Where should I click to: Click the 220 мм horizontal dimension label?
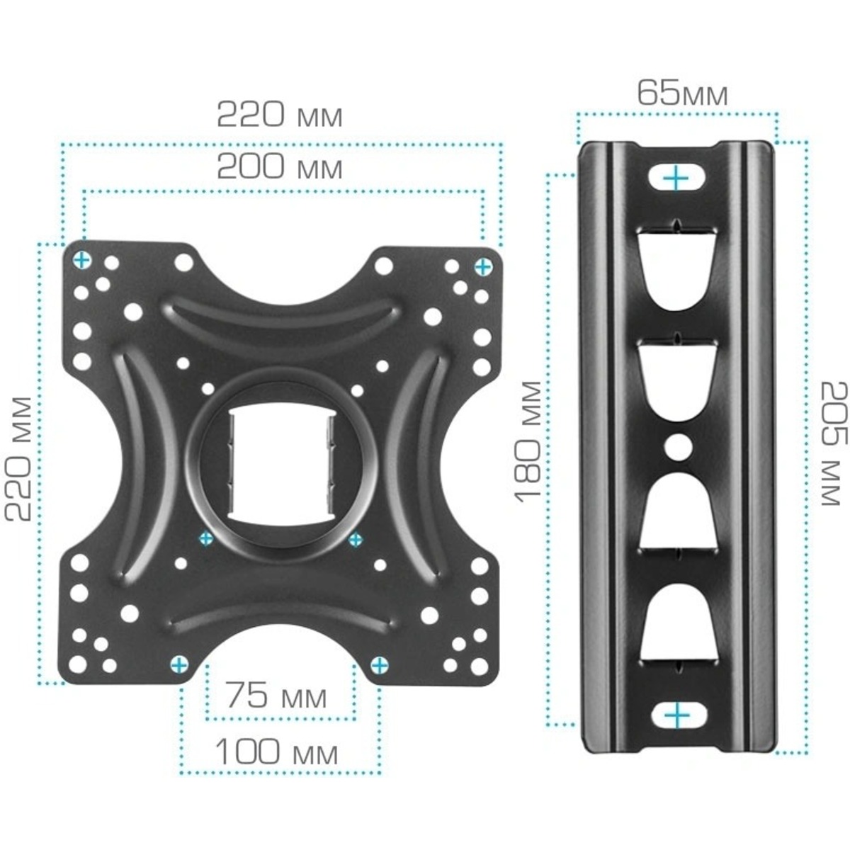pyautogui.click(x=279, y=115)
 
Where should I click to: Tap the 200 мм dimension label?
pyautogui.click(x=279, y=168)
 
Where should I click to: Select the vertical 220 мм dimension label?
pyautogui.click(x=19, y=458)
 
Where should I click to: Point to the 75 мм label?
pyautogui.click(x=277, y=696)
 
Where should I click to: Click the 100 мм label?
pyautogui.click(x=277, y=752)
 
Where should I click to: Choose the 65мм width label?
pyautogui.click(x=681, y=93)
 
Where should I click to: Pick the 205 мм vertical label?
pyautogui.click(x=833, y=443)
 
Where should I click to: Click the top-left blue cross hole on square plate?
pyautogui.click(x=83, y=260)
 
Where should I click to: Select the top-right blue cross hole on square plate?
pyautogui.click(x=483, y=267)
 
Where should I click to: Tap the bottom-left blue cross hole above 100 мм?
pyautogui.click(x=180, y=664)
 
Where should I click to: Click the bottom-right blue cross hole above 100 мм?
pyautogui.click(x=380, y=664)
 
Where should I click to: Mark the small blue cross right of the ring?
pyautogui.click(x=355, y=539)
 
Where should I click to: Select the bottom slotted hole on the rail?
pyautogui.click(x=678, y=715)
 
